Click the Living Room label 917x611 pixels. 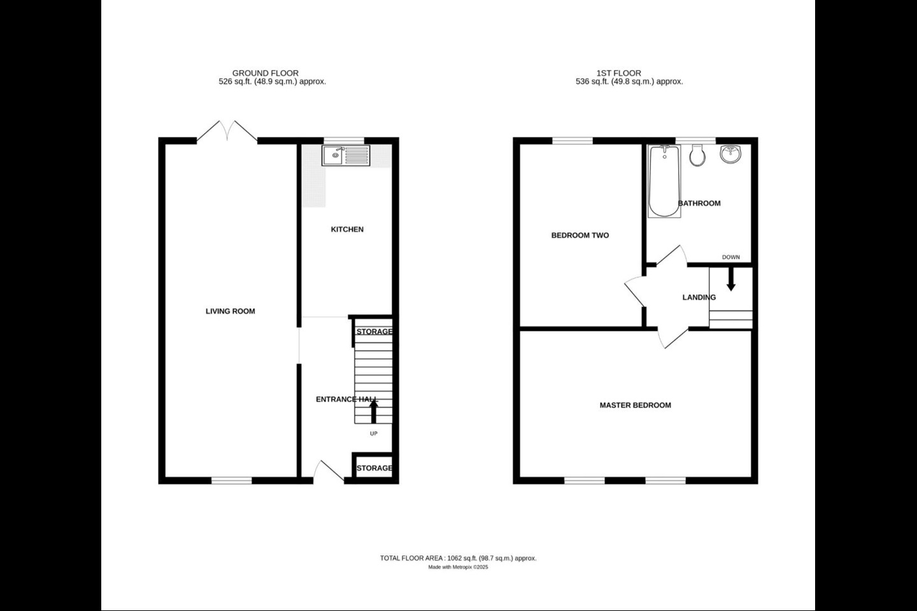pyautogui.click(x=230, y=311)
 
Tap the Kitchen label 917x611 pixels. pyautogui.click(x=347, y=229)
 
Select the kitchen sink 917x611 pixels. pyautogui.click(x=346, y=155)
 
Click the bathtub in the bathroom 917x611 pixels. pyautogui.click(x=664, y=181)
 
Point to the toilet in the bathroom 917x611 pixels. pyautogui.click(x=696, y=155)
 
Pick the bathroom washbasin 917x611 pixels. pyautogui.click(x=730, y=154)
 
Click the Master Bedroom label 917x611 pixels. pyautogui.click(x=635, y=405)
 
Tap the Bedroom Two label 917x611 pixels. pyautogui.click(x=579, y=235)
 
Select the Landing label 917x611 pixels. pyautogui.click(x=699, y=297)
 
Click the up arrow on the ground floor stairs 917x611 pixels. pyautogui.click(x=374, y=412)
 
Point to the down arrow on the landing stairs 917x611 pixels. pyautogui.click(x=731, y=279)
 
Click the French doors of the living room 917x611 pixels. pyautogui.click(x=227, y=130)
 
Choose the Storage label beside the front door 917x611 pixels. pyautogui.click(x=374, y=468)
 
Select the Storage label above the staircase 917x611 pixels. pyautogui.click(x=374, y=332)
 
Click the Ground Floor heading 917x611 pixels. pyautogui.click(x=265, y=73)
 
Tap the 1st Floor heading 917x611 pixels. pyautogui.click(x=618, y=73)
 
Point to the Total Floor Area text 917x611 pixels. pyautogui.click(x=458, y=558)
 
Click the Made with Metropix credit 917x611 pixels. pyautogui.click(x=458, y=567)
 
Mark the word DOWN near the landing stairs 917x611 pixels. pyautogui.click(x=730, y=257)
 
